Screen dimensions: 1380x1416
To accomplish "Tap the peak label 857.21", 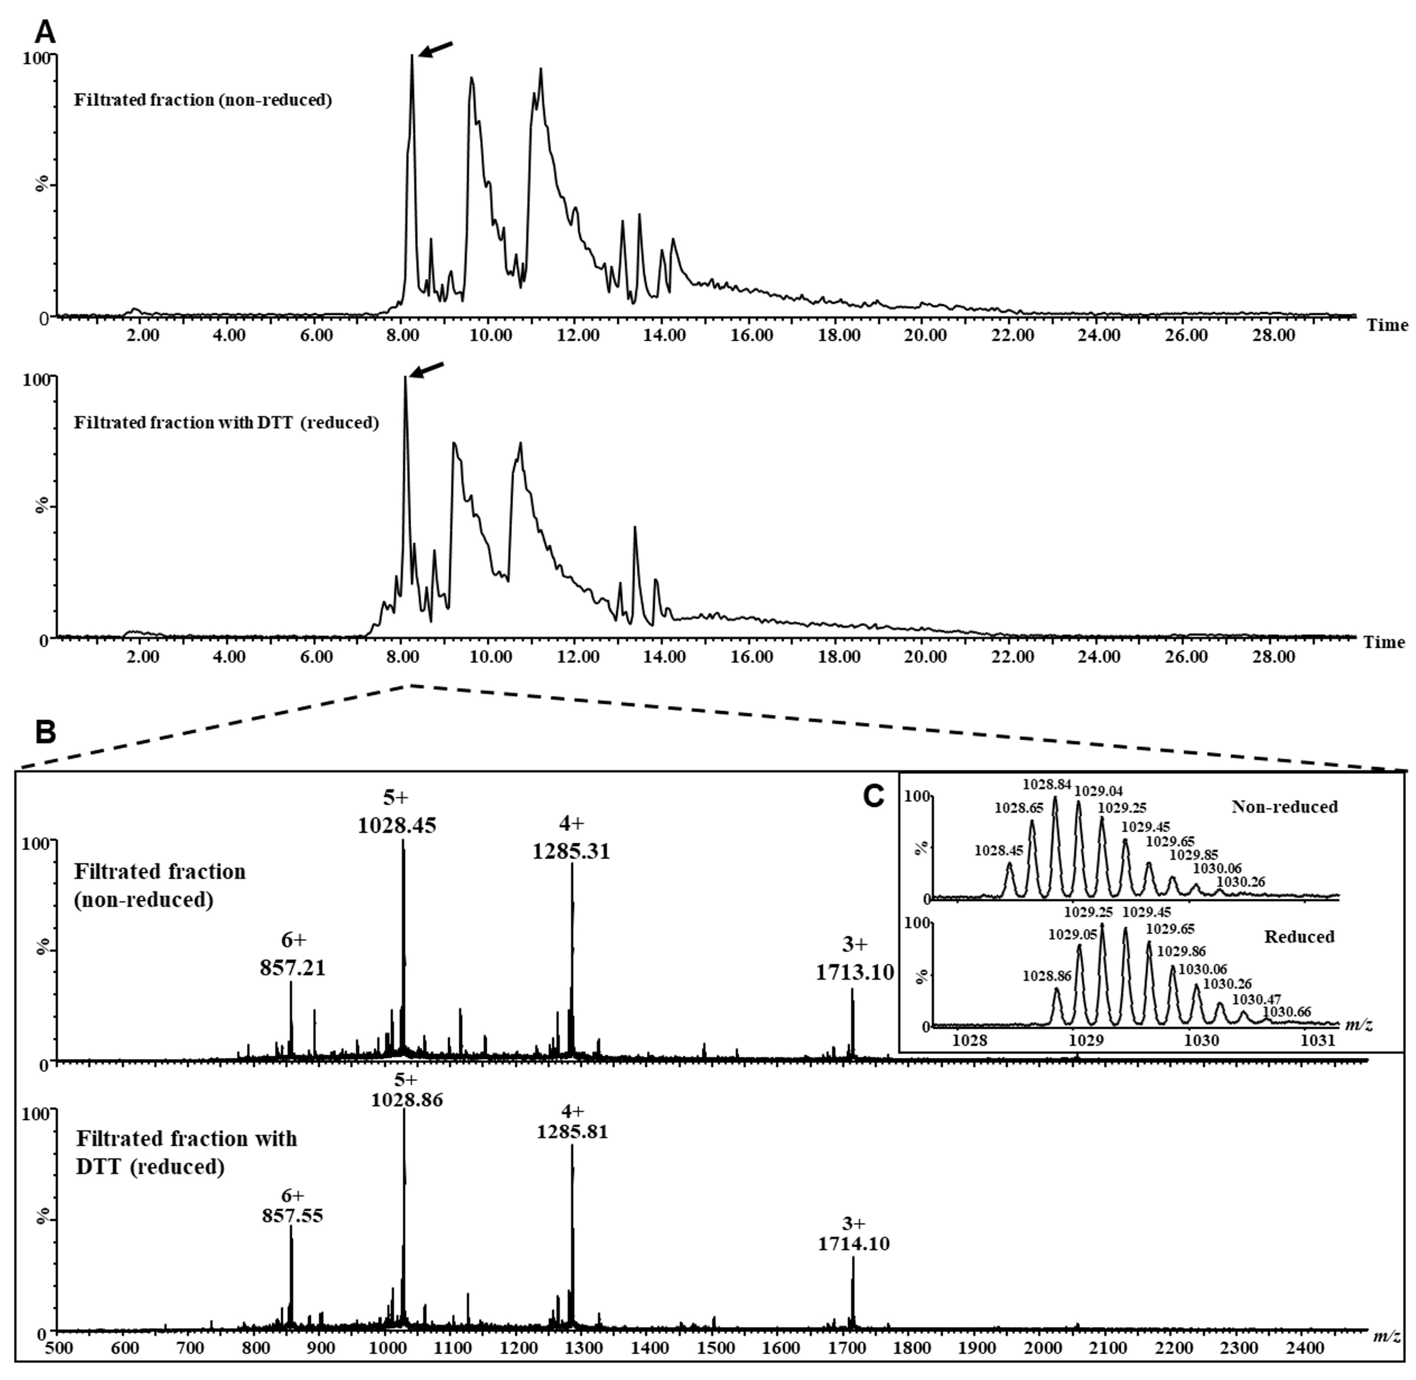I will coord(293,967).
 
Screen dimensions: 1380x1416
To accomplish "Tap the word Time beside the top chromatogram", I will coord(1387,325).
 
